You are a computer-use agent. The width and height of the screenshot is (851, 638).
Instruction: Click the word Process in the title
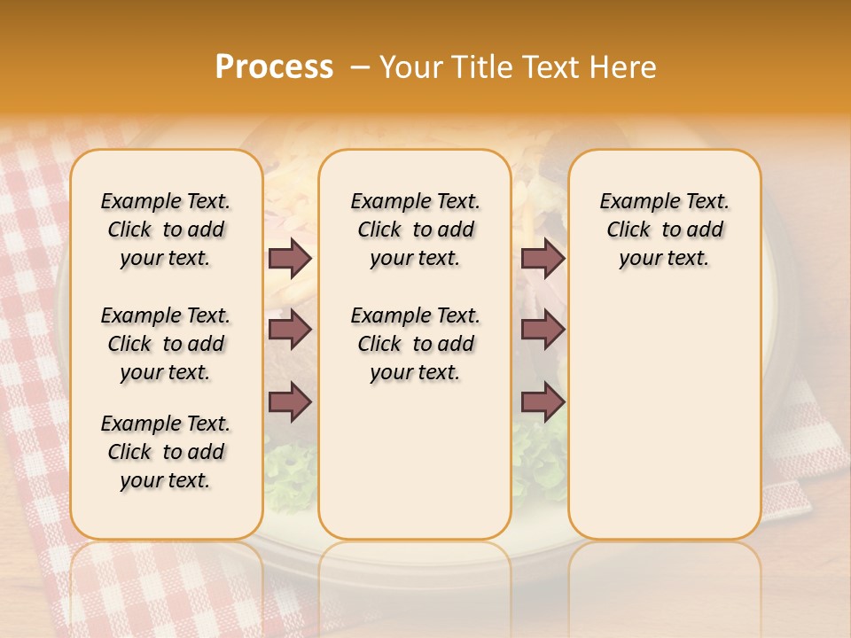pyautogui.click(x=274, y=67)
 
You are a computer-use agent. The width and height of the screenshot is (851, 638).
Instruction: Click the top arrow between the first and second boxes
pyautogui.click(x=290, y=258)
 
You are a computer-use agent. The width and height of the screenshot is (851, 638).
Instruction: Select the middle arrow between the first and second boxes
pyautogui.click(x=290, y=331)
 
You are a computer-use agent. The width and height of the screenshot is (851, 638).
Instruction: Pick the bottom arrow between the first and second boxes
pyautogui.click(x=290, y=402)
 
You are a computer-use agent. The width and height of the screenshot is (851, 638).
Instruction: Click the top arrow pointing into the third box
pyautogui.click(x=543, y=258)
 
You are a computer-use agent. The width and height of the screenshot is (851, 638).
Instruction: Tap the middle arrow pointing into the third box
pyautogui.click(x=543, y=331)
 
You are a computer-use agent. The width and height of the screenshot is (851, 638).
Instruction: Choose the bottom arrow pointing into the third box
pyautogui.click(x=543, y=402)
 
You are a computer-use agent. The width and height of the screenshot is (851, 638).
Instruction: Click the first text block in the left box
pyautogui.click(x=166, y=230)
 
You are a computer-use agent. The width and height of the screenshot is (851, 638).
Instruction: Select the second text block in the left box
pyautogui.click(x=166, y=344)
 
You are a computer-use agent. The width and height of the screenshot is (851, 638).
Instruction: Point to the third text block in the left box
pyautogui.click(x=166, y=452)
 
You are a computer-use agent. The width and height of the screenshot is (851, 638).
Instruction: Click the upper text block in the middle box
pyautogui.click(x=415, y=230)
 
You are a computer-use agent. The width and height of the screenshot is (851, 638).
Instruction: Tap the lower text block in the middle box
pyautogui.click(x=415, y=344)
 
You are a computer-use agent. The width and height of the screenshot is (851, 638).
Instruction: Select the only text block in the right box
pyautogui.click(x=664, y=230)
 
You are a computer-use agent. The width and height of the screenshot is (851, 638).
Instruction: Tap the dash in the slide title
pyautogui.click(x=360, y=67)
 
